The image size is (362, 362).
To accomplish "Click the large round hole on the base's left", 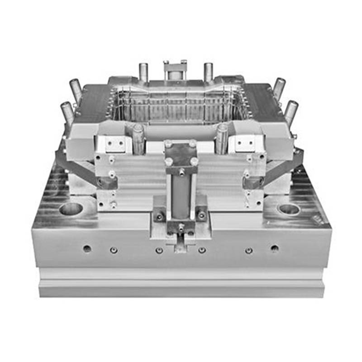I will coord(71,209).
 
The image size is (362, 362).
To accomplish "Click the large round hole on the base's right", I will coord(289,209).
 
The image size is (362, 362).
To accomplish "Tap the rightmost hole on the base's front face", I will coord(274,248).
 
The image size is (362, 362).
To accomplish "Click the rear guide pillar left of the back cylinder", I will coord(143,72).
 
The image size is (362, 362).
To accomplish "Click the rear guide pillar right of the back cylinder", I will coord(208,72).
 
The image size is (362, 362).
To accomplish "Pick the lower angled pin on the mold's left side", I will coord(67,112).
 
